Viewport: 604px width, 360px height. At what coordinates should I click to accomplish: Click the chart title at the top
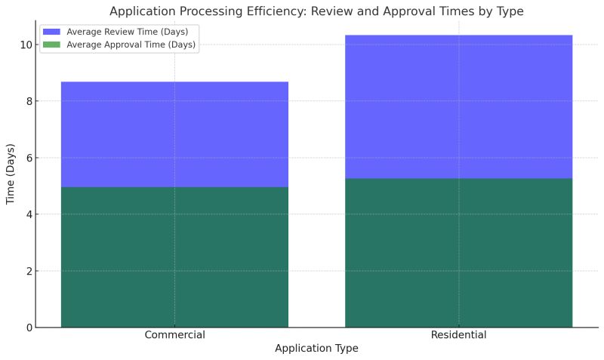pyautogui.click(x=316, y=11)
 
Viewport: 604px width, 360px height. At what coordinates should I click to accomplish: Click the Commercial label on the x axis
pyautogui.click(x=174, y=335)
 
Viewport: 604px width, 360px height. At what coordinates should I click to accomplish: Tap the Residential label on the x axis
pyautogui.click(x=458, y=335)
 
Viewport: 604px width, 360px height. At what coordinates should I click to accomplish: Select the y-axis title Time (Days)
pyautogui.click(x=11, y=175)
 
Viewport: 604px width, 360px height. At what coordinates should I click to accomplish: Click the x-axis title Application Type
pyautogui.click(x=316, y=349)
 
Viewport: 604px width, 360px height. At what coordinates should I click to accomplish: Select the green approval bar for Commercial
pyautogui.click(x=174, y=257)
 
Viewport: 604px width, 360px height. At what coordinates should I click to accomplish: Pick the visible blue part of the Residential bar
pyautogui.click(x=458, y=106)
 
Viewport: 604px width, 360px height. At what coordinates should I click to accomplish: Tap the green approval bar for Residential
pyautogui.click(x=458, y=253)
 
